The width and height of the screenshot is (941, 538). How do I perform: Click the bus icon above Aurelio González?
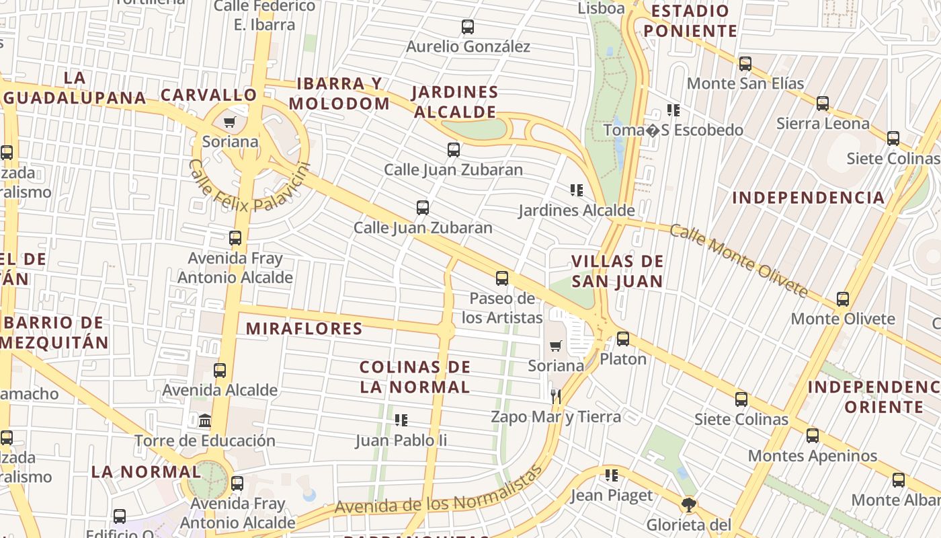click(468, 27)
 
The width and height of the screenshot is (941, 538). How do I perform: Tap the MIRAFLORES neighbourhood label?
click(304, 329)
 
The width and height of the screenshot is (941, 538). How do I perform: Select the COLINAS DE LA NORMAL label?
click(415, 377)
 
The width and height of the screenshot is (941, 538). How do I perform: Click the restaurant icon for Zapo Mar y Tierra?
click(555, 396)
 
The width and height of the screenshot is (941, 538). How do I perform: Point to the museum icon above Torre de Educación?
click(205, 421)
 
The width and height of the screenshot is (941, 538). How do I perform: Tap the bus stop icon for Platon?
click(623, 338)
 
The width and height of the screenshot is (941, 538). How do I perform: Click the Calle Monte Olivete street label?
click(739, 260)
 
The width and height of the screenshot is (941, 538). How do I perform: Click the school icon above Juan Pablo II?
click(401, 420)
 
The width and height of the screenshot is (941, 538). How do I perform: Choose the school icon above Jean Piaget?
click(611, 475)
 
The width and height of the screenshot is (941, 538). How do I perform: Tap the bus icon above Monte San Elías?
click(745, 64)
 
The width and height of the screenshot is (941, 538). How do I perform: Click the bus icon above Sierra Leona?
click(822, 104)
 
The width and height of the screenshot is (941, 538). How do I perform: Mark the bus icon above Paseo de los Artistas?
click(502, 278)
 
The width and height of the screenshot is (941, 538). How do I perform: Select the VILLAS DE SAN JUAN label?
click(617, 271)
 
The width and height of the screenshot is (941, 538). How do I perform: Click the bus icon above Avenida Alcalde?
click(220, 370)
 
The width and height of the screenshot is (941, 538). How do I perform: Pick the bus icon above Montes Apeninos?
click(813, 436)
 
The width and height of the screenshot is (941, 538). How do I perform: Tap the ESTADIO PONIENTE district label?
click(690, 21)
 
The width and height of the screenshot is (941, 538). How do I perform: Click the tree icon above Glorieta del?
click(688, 504)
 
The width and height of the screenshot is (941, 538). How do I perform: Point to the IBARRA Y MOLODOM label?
click(339, 93)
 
